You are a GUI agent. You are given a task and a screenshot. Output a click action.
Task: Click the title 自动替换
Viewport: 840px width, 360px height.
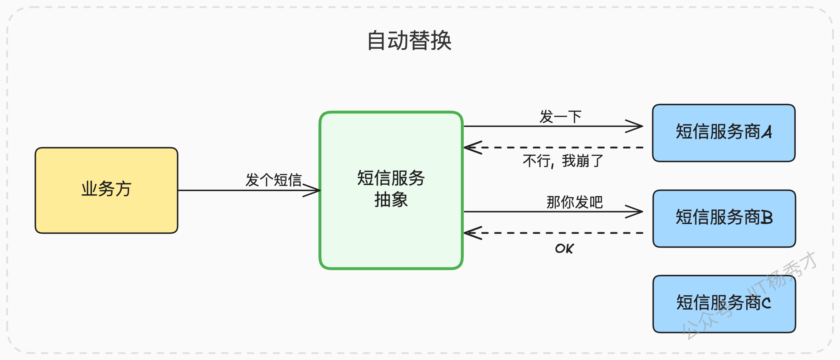(409, 40)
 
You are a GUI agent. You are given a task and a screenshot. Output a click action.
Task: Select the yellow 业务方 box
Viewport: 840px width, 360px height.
(107, 190)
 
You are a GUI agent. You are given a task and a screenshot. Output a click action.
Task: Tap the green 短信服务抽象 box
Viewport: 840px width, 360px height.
(391, 190)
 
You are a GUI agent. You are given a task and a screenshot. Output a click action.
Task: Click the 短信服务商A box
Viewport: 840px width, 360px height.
(724, 133)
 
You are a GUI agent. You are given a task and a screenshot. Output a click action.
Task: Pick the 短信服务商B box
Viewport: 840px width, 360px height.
(724, 219)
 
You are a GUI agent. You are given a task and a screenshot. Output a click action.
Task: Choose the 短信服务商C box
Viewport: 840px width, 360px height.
(724, 304)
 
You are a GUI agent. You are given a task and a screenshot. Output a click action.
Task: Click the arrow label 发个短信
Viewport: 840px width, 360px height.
(274, 180)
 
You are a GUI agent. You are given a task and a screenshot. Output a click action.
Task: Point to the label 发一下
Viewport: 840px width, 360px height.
(561, 117)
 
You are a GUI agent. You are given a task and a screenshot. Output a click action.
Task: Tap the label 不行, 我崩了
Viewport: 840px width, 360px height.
(563, 161)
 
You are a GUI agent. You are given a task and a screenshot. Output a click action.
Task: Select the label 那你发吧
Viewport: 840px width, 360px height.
(575, 202)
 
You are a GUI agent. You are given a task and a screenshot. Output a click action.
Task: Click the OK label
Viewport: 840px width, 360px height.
(564, 248)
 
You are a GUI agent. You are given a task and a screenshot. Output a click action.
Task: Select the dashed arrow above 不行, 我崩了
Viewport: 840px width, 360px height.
(553, 147)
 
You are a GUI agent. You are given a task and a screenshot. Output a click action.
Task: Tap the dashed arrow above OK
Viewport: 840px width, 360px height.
(553, 233)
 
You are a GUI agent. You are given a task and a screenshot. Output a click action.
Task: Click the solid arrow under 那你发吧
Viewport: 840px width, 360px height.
(553, 211)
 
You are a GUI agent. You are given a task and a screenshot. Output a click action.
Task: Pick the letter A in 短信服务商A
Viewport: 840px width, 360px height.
(767, 132)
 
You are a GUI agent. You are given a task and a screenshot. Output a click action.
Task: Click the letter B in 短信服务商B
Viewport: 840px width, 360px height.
(767, 217)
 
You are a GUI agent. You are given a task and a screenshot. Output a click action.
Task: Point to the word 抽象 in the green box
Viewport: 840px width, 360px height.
(391, 200)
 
